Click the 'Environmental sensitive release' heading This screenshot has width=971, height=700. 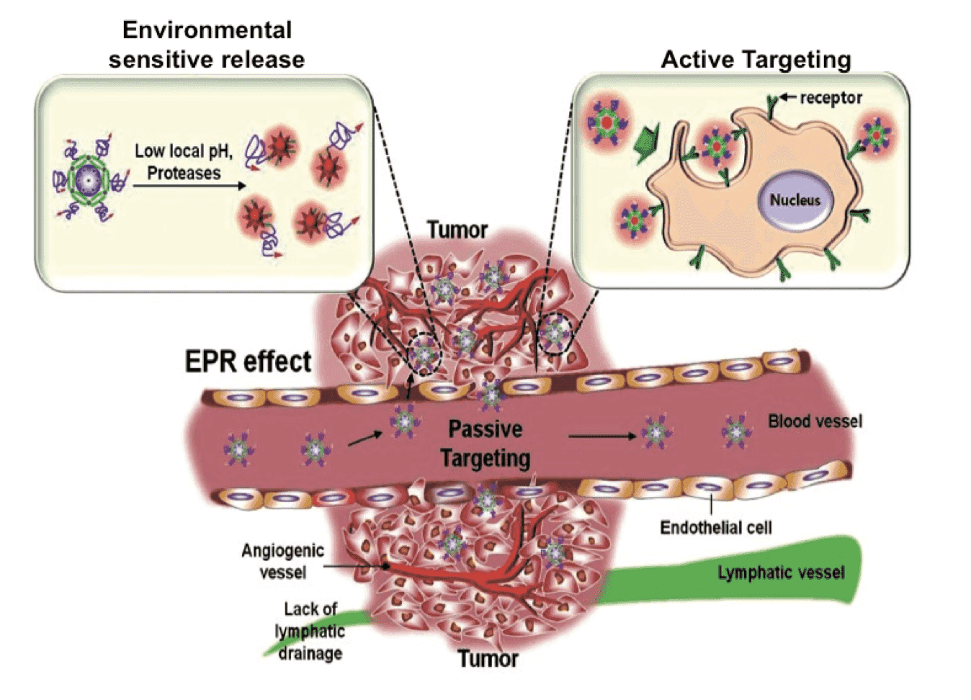pyautogui.click(x=207, y=45)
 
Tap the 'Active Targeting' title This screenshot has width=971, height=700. pyautogui.click(x=756, y=59)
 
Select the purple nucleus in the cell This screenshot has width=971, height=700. pyautogui.click(x=795, y=199)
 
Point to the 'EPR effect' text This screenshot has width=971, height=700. pyautogui.click(x=248, y=361)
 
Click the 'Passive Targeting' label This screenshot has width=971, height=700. pyautogui.click(x=485, y=444)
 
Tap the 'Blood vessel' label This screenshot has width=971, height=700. pyautogui.click(x=815, y=421)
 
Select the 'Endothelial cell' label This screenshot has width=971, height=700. pyautogui.click(x=715, y=528)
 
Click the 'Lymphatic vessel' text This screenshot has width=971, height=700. pyautogui.click(x=781, y=573)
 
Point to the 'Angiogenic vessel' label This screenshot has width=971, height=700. pyautogui.click(x=282, y=562)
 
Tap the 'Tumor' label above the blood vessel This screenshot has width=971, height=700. pyautogui.click(x=457, y=230)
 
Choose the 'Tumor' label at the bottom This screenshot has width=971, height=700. pyautogui.click(x=488, y=659)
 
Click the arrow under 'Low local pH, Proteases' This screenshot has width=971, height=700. pyautogui.click(x=189, y=186)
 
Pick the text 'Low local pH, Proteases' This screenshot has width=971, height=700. pyautogui.click(x=184, y=162)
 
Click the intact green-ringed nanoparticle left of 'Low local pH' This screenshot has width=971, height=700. pyautogui.click(x=87, y=178)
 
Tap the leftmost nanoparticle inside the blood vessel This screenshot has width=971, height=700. pyautogui.click(x=238, y=449)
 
